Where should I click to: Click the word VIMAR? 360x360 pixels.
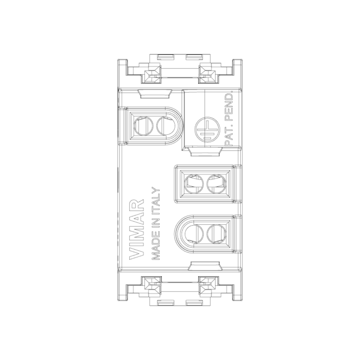pyautogui.click(x=137, y=229)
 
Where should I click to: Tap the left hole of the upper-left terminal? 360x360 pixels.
pyautogui.click(x=143, y=126)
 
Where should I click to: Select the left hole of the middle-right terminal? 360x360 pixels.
pyautogui.click(x=194, y=184)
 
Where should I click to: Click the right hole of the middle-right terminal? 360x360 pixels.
pyautogui.click(x=216, y=184)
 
